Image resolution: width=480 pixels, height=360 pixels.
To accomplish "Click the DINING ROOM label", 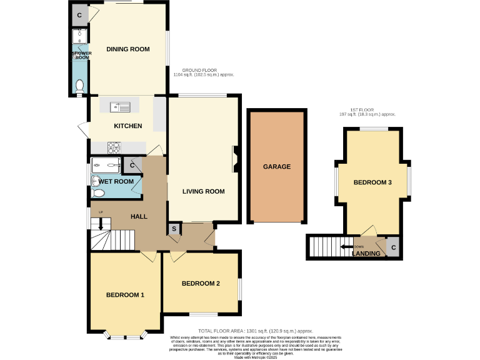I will tap(127, 49).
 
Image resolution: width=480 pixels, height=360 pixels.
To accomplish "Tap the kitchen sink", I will tap(119, 107).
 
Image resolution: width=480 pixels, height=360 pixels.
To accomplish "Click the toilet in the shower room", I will tap(79, 86).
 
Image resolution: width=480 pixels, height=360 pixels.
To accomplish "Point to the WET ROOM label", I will tap(116, 181).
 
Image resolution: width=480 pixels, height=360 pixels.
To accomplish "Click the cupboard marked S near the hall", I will tap(174, 230).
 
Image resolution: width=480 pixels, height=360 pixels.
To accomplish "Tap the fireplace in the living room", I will tap(235, 158).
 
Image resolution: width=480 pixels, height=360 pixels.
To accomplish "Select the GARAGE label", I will tap(276, 167).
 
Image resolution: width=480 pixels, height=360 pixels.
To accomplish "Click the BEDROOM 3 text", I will tap(372, 182).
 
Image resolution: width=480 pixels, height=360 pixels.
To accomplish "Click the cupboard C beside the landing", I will tap(393, 247).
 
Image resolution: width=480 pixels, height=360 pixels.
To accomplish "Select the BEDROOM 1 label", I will tap(125, 294).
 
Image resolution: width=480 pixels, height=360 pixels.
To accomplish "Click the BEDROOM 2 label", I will tap(201, 283).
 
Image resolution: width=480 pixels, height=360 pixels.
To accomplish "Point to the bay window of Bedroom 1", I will tap(125, 336).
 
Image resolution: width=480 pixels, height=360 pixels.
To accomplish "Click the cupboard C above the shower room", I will tap(79, 14).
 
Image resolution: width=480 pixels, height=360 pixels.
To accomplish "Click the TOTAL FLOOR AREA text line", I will tap(255, 331).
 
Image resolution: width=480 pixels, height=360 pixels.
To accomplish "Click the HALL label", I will tap(139, 216).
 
